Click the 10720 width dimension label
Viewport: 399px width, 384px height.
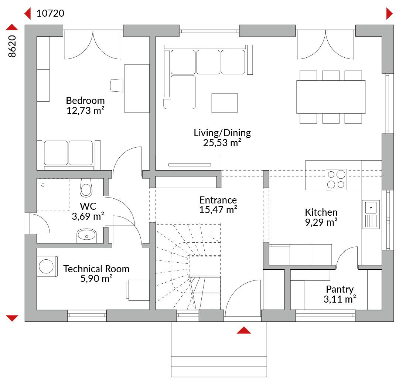coord(50,13)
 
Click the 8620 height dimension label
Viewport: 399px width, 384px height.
coord(12,46)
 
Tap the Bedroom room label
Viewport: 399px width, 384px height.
coord(85,101)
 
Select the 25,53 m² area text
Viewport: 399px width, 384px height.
coord(222,143)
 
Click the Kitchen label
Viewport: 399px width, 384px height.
coord(321,212)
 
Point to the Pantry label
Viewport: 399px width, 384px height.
coord(340,289)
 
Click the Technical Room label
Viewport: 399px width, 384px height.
coord(96,269)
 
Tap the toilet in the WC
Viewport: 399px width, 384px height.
coord(86,188)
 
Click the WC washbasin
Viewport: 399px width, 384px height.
coord(86,236)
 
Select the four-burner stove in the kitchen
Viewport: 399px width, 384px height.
coord(336,179)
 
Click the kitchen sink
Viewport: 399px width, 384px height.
coord(371,214)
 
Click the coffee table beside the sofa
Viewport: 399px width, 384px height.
coord(225,103)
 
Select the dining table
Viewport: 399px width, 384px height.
coord(331,97)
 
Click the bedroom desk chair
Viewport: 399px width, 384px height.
coord(117,85)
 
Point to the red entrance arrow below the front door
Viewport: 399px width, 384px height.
coord(244,330)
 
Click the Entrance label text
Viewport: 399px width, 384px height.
coord(218,200)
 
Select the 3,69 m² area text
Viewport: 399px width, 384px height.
coord(88,216)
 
